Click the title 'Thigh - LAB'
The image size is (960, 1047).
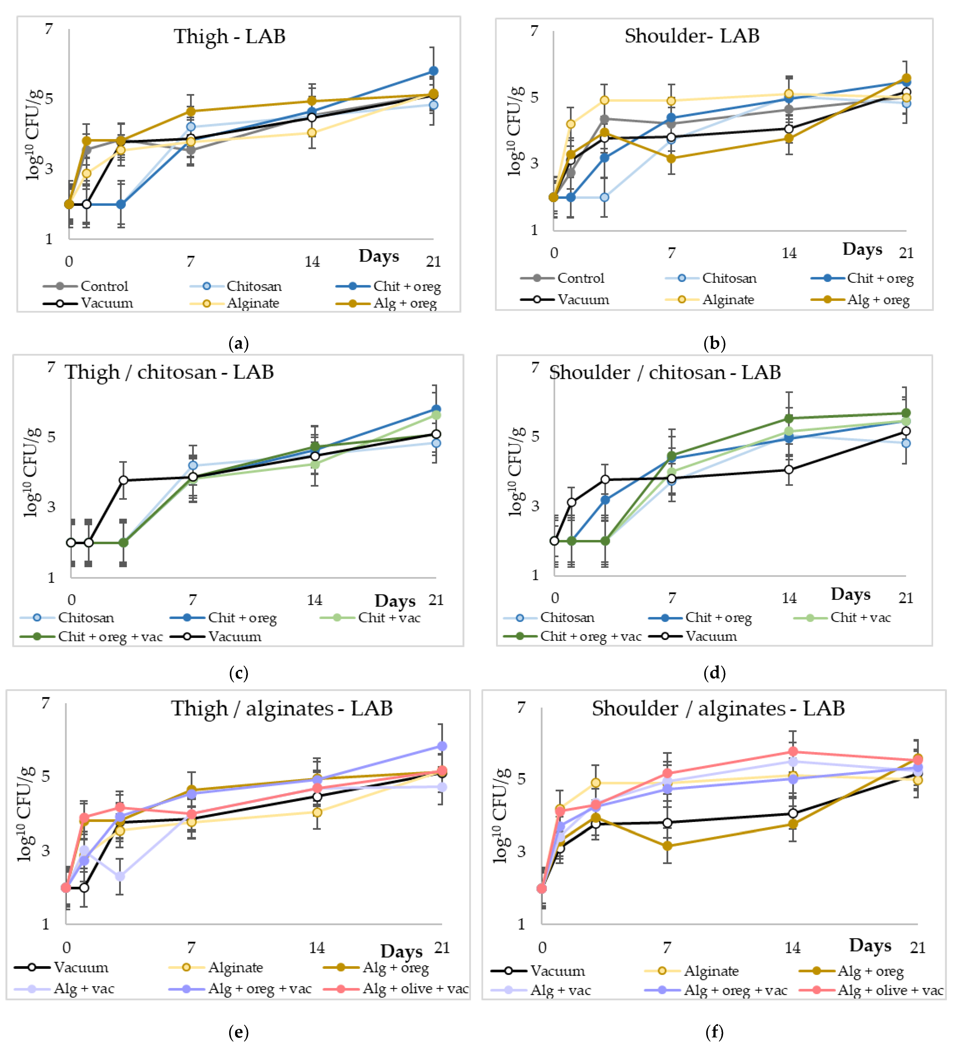[230, 36]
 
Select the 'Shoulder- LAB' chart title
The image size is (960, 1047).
[692, 36]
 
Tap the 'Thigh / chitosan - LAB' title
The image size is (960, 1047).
[169, 372]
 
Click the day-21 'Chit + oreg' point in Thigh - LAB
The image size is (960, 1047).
[433, 71]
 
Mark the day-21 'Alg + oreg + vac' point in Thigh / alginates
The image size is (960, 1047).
[441, 746]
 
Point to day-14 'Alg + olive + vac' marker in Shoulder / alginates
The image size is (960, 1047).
[793, 752]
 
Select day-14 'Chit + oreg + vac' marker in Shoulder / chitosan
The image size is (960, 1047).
[788, 419]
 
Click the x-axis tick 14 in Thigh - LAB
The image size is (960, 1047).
[312, 262]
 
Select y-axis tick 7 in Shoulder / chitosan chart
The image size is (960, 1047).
[535, 368]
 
